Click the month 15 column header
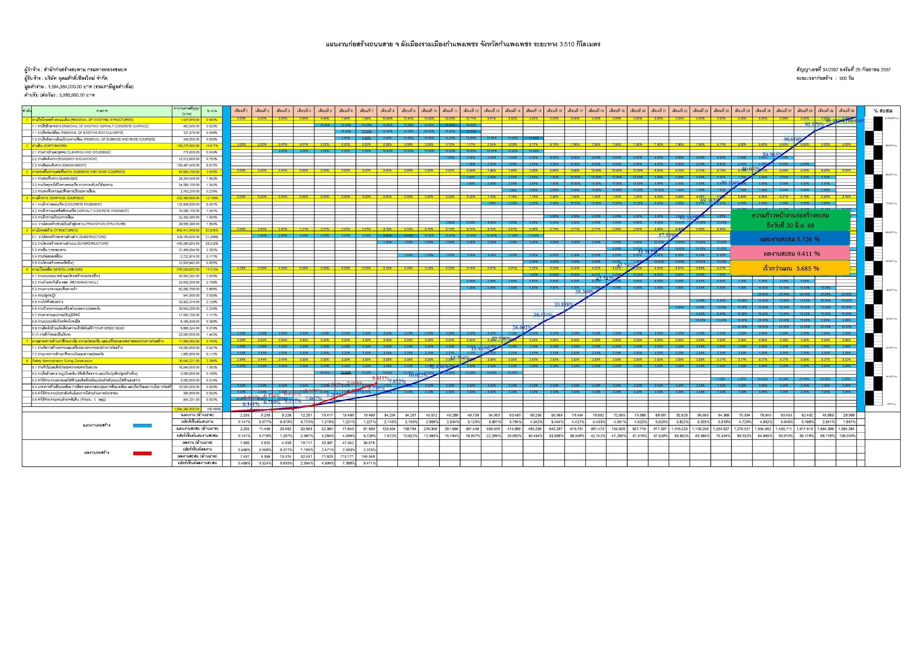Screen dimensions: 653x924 [533, 110]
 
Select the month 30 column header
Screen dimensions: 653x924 [846, 110]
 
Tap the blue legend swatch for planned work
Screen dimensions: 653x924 [142, 425]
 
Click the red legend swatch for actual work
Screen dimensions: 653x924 [142, 453]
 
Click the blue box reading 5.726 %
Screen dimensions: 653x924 [789, 239]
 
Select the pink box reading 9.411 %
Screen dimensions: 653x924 [789, 254]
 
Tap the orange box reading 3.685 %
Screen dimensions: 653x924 [789, 268]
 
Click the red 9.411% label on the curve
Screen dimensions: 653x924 [380, 378]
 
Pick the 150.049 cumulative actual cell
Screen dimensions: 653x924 [366, 457]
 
